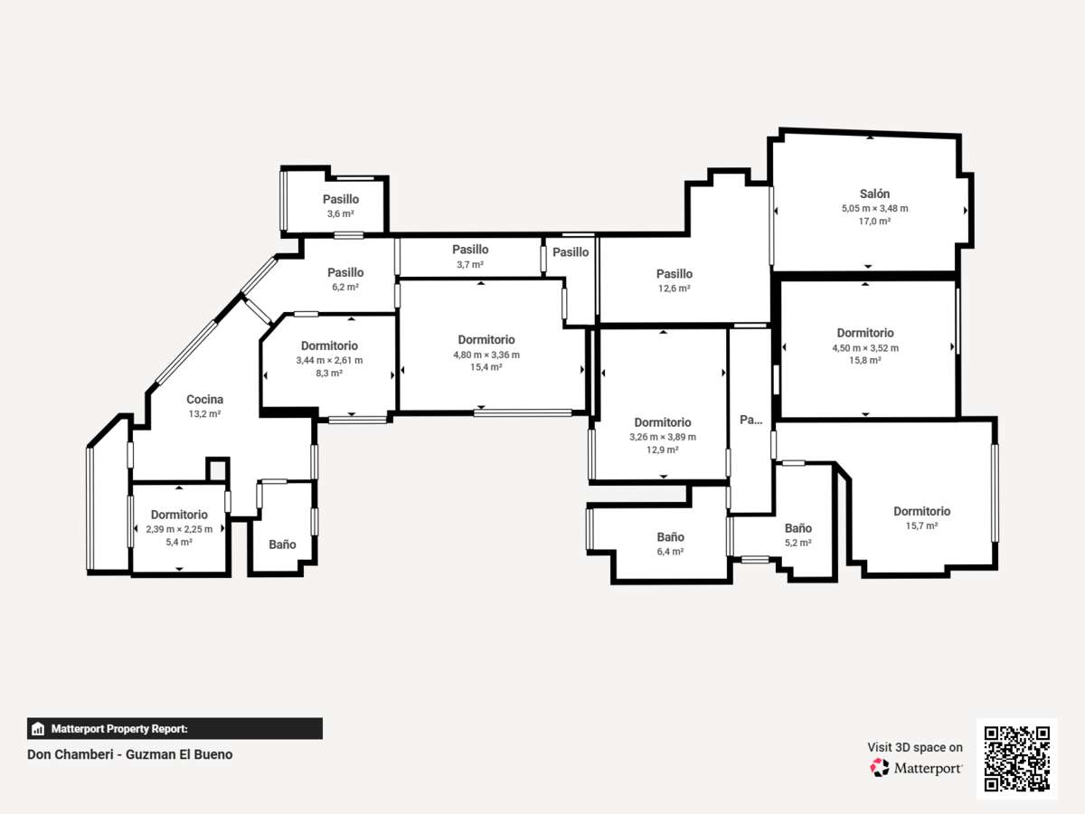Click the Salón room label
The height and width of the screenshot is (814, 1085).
(874, 194)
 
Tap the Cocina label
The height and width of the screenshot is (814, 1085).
(204, 399)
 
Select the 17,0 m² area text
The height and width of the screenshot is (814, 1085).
(874, 221)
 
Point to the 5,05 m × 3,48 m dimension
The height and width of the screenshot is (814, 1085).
(875, 208)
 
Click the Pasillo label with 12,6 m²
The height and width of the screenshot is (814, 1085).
(675, 273)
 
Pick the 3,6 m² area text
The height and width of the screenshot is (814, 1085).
(341, 213)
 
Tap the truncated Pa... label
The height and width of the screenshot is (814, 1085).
(750, 420)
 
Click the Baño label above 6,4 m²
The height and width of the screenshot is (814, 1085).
(670, 536)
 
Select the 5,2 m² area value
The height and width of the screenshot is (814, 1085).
(798, 542)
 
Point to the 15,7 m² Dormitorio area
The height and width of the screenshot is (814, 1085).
(921, 525)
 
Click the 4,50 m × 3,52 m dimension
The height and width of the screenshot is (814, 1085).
(865, 347)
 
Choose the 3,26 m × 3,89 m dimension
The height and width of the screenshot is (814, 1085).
(663, 437)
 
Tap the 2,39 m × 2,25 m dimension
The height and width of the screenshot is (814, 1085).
(179, 529)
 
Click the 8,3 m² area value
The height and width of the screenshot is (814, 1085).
(329, 373)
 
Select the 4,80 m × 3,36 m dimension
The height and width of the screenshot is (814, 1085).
(486, 355)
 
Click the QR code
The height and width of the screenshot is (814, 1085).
(1017, 759)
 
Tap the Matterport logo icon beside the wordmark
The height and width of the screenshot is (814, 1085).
(880, 768)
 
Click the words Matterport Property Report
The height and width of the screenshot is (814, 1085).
(119, 728)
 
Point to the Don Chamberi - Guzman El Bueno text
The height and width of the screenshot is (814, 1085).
(130, 754)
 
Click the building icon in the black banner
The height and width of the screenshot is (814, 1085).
(38, 728)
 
